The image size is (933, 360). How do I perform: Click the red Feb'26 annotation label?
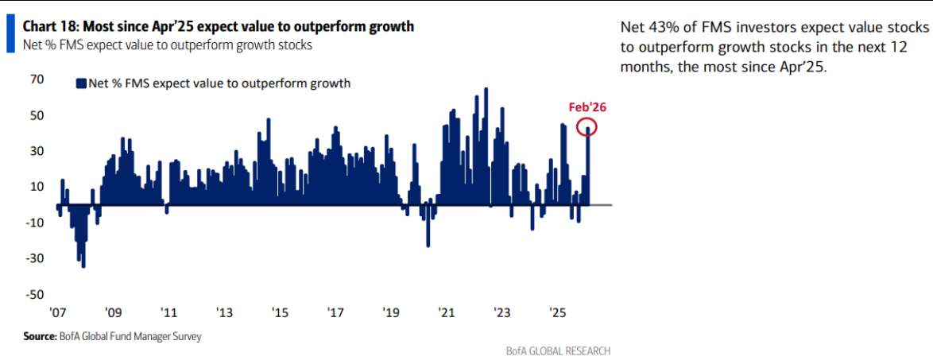[x=587, y=106]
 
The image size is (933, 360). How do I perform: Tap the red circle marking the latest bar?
[x=588, y=126]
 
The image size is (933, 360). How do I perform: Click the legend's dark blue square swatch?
[x=80, y=83]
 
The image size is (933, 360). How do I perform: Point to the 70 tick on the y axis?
[x=37, y=79]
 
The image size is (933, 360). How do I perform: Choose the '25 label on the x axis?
[x=557, y=312]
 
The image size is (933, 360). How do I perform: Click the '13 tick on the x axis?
[x=224, y=312]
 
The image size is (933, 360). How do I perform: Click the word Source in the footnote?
[x=39, y=336]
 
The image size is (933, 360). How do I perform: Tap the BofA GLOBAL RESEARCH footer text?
[x=558, y=350]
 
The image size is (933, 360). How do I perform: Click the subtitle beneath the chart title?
[x=167, y=45]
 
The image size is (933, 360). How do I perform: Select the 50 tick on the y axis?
[x=37, y=115]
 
